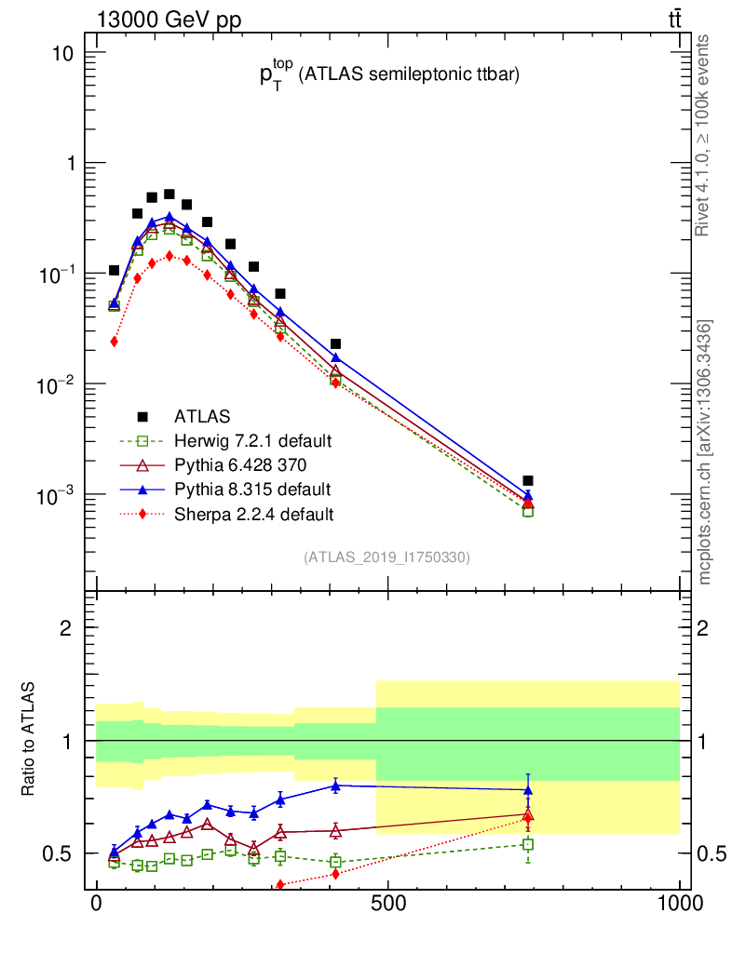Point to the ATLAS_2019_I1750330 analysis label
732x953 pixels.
click(386, 557)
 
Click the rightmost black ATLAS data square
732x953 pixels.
click(528, 481)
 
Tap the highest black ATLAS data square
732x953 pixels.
click(169, 195)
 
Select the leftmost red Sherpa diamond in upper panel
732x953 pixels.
click(114, 342)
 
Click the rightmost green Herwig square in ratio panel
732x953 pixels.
click(528, 845)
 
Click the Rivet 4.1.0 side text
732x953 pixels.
click(705, 135)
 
